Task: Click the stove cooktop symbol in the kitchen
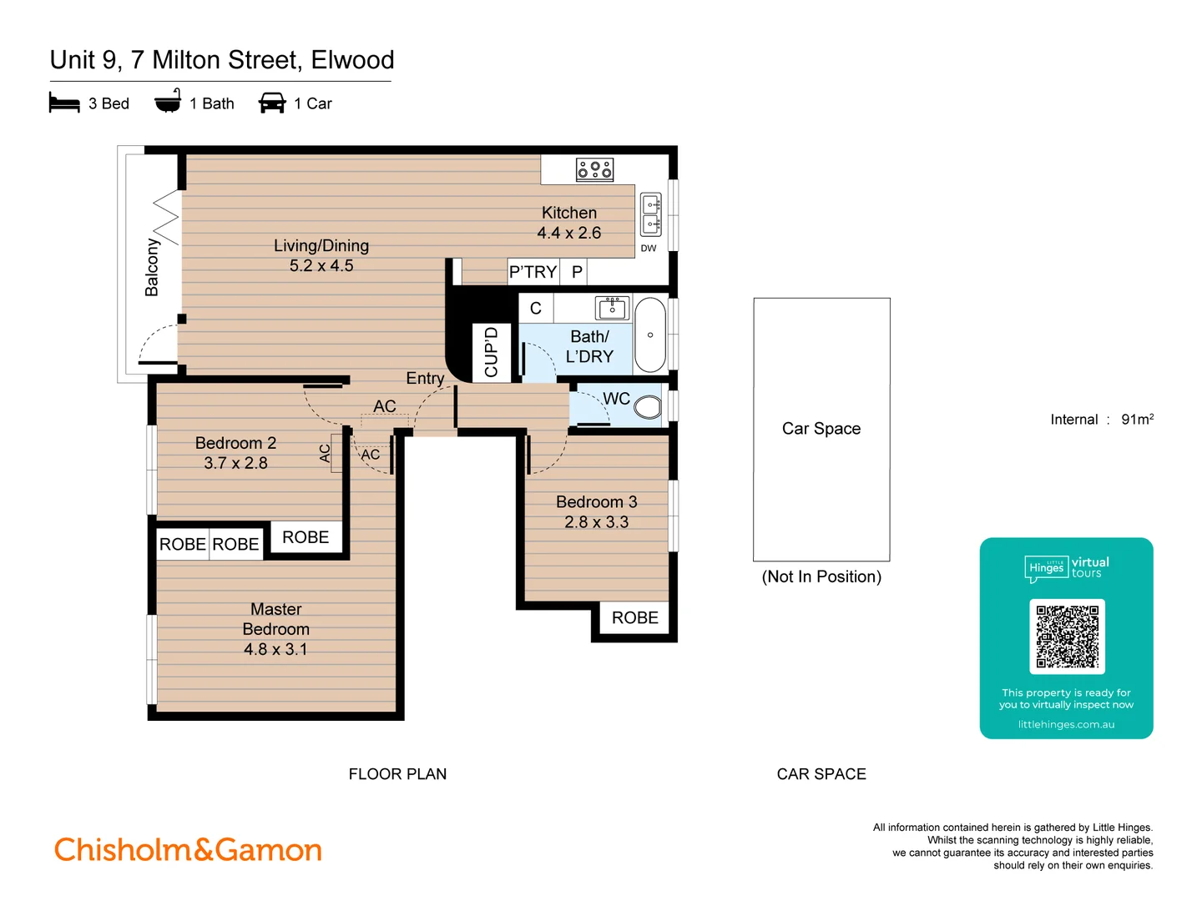[x=594, y=169]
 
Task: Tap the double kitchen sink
[x=650, y=214]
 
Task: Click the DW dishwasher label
[x=649, y=249]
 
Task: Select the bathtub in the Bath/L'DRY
[x=650, y=335]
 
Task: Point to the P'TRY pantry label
[x=533, y=272]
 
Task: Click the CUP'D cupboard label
[x=491, y=352]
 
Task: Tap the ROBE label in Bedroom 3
[x=634, y=618]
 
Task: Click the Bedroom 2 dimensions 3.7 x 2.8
[x=235, y=463]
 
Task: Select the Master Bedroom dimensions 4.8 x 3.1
[x=275, y=649]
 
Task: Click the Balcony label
[x=152, y=267]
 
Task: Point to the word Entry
[x=425, y=378]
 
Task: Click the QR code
[x=1067, y=637]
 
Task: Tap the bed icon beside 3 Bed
[x=64, y=103]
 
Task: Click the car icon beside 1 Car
[x=272, y=103]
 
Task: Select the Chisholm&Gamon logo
[x=188, y=850]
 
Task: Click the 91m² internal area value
[x=1137, y=420]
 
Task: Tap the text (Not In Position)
[x=821, y=576]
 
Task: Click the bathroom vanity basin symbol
[x=612, y=308]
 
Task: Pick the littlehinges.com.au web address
[x=1066, y=724]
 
